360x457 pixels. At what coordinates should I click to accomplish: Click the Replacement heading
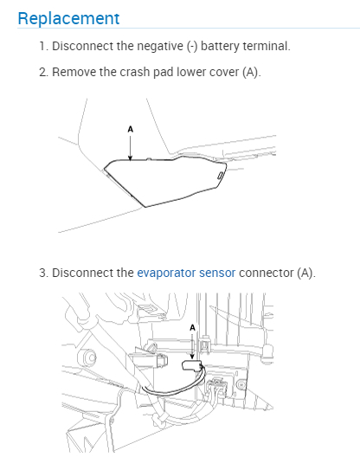coord(68,19)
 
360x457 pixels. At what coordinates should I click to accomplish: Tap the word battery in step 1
coord(220,47)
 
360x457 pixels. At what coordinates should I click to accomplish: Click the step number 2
coord(43,72)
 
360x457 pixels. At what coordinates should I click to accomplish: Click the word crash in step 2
coord(135,72)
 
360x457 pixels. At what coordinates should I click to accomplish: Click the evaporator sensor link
coord(186,274)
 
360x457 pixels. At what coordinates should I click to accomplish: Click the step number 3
coord(43,274)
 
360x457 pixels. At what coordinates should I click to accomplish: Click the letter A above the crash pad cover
coord(131,129)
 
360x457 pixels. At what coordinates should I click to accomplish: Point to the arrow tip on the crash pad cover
coord(130,160)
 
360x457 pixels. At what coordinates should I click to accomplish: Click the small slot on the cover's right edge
coord(220,175)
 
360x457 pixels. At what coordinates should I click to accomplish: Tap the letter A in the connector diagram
coord(192,328)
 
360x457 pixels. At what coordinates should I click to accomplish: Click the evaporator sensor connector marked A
coord(191,365)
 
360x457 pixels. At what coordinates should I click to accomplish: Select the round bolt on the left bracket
coord(88,357)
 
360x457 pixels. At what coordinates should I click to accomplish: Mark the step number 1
coord(43,47)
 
